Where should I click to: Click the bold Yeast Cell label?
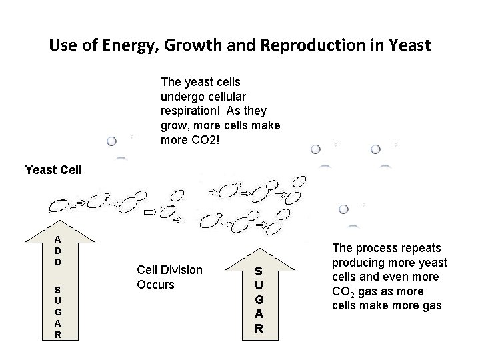pos(53,169)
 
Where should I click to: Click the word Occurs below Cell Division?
pos(155,285)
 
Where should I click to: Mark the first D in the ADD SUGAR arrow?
pos(59,251)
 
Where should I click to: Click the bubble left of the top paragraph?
pos(112,141)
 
